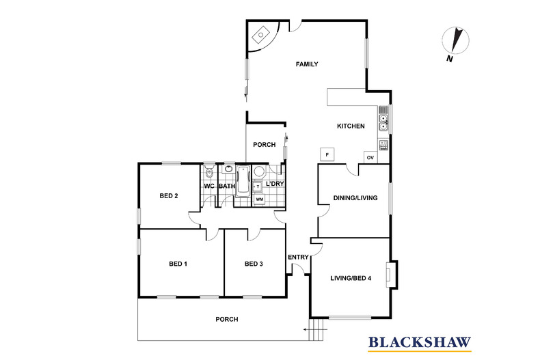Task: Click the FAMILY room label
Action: tap(307, 64)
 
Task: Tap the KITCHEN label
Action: tap(351, 126)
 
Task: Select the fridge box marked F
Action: tap(327, 155)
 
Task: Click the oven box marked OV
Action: tap(370, 158)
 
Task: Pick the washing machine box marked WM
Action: tap(260, 199)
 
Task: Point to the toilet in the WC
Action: tap(209, 171)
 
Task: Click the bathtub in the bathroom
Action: tap(243, 181)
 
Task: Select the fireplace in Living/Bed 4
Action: tap(392, 275)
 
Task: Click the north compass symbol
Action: tap(456, 41)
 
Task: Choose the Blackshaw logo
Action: tap(420, 343)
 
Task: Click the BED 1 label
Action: tap(178, 264)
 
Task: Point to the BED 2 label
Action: tap(169, 196)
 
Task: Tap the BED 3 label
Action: tap(254, 264)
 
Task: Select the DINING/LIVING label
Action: tap(355, 198)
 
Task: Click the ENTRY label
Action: tap(298, 257)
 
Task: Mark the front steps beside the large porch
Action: tap(316, 330)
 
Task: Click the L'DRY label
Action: tap(275, 184)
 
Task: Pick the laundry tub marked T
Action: tap(258, 186)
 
